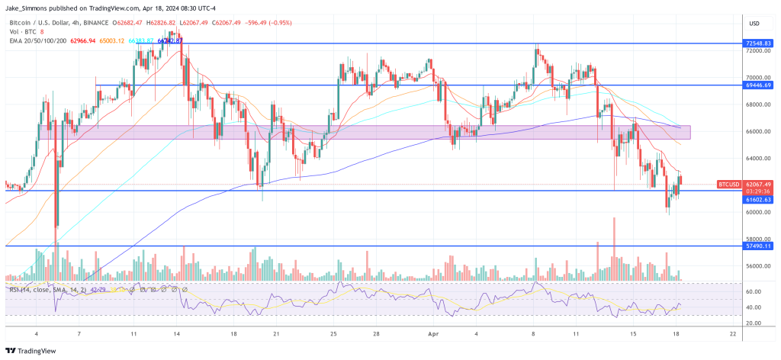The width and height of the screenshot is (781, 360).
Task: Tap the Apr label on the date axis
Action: click(x=433, y=334)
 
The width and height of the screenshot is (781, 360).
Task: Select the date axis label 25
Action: click(x=334, y=334)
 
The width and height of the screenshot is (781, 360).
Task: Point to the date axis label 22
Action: click(x=733, y=334)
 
